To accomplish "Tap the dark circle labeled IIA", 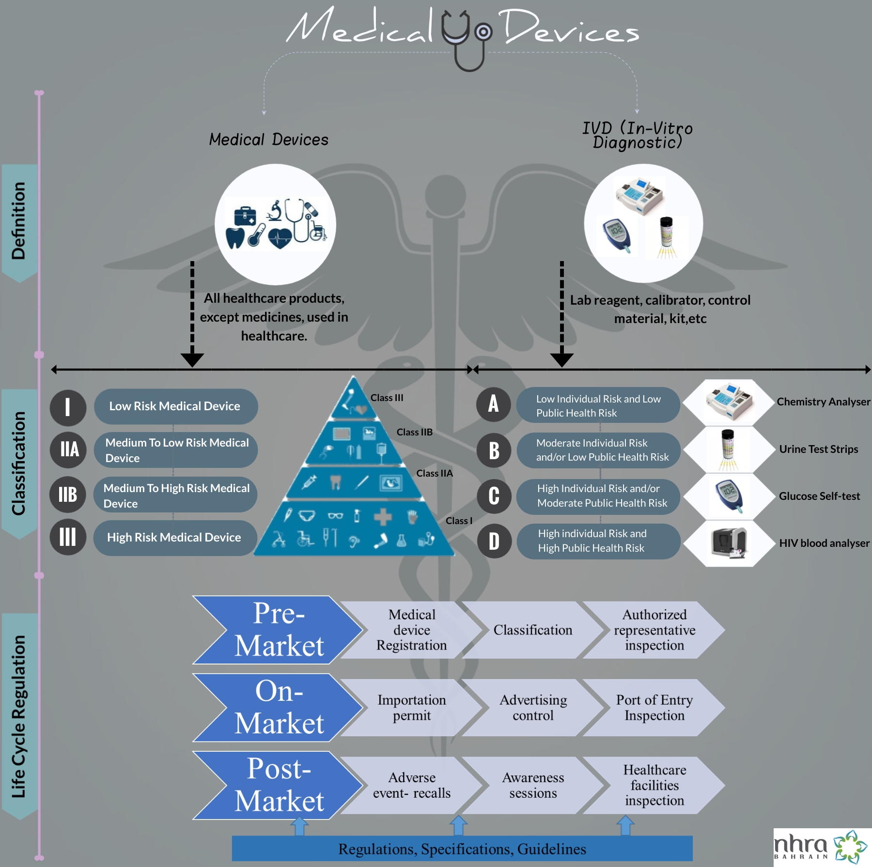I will pos(68,449).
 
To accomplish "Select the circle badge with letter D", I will pos(494,541).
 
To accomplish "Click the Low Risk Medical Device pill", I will pos(175,406).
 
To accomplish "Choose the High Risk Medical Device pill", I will pos(174,538).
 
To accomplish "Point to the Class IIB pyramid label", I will pos(414,432).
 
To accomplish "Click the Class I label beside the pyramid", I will pos(458,521).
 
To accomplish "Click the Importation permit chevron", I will pos(412,708).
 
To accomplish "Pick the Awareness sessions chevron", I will pos(533,785).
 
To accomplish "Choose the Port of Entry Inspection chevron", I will pos(654,708).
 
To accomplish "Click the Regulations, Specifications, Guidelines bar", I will pos(462,849).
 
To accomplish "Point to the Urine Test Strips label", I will pos(818,449).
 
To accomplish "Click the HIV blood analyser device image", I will pos(729,543).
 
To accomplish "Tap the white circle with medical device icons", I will pos(275,224).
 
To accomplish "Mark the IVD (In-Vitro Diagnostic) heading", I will pos(637,135).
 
